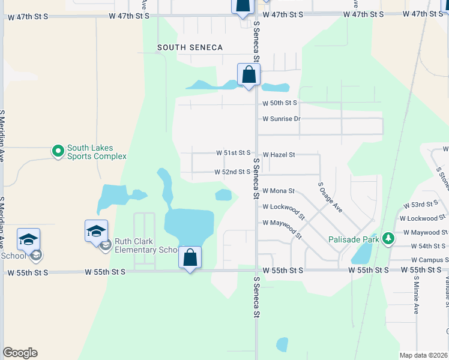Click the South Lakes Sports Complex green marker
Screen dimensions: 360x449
pyautogui.click(x=58, y=151)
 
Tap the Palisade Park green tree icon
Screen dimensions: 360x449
pyautogui.click(x=388, y=239)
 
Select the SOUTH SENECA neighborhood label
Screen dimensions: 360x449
pyautogui.click(x=190, y=47)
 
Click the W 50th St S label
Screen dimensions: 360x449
pyautogui.click(x=280, y=103)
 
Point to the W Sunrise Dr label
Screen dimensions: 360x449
pyautogui.click(x=281, y=119)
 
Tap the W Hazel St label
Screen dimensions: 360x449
pyautogui.click(x=279, y=154)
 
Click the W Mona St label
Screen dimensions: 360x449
pyautogui.click(x=279, y=191)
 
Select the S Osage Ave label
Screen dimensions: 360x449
pyautogui.click(x=330, y=197)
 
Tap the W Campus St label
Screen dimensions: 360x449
pyautogui.click(x=428, y=260)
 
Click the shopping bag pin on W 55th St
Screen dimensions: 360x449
pyautogui.click(x=190, y=257)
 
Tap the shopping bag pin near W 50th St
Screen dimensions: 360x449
pyautogui.click(x=248, y=75)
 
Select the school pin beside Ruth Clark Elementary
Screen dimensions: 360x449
pyautogui.click(x=96, y=232)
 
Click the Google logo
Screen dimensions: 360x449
pyautogui.click(x=20, y=353)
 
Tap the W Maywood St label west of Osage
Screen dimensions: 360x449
pyautogui.click(x=281, y=223)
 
